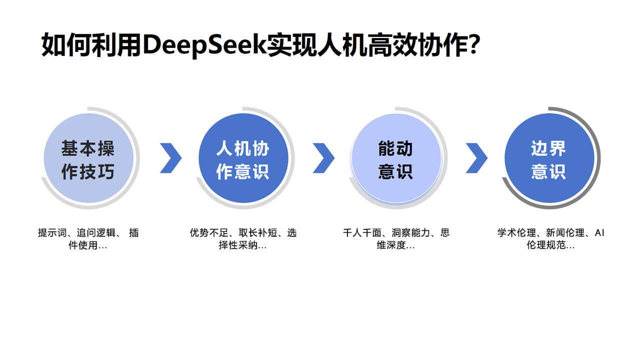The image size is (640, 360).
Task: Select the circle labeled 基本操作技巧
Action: coord(88,158)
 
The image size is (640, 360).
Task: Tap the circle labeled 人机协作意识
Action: coord(243,158)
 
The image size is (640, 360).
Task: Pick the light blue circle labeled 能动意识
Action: coord(396,158)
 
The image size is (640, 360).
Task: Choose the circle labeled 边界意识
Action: coord(549,158)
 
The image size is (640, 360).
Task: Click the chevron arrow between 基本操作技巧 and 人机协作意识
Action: coord(170,158)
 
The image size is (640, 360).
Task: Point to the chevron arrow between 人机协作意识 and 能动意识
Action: coord(323,158)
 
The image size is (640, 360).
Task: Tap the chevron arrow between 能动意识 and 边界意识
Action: coord(476,158)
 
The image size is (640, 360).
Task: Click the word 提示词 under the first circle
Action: coord(50,233)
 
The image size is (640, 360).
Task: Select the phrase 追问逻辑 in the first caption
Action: coord(98,233)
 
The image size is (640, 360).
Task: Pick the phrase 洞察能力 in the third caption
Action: coord(410,233)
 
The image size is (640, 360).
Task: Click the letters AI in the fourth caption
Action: coord(599,233)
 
